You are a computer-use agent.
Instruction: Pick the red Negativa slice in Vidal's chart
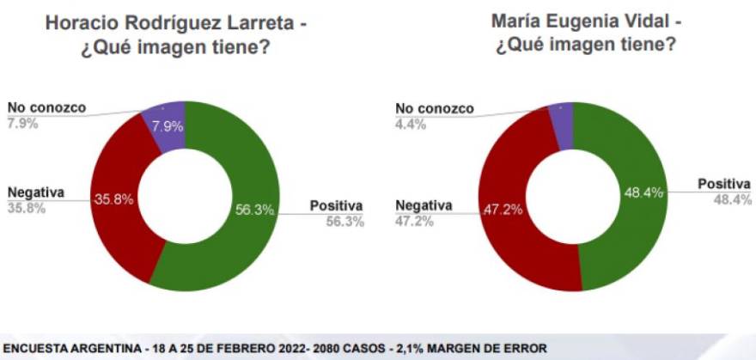coord(507,241)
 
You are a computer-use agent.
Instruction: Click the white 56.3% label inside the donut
coord(254,207)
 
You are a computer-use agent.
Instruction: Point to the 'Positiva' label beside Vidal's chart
coord(724,184)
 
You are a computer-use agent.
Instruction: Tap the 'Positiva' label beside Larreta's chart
coord(337,205)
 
